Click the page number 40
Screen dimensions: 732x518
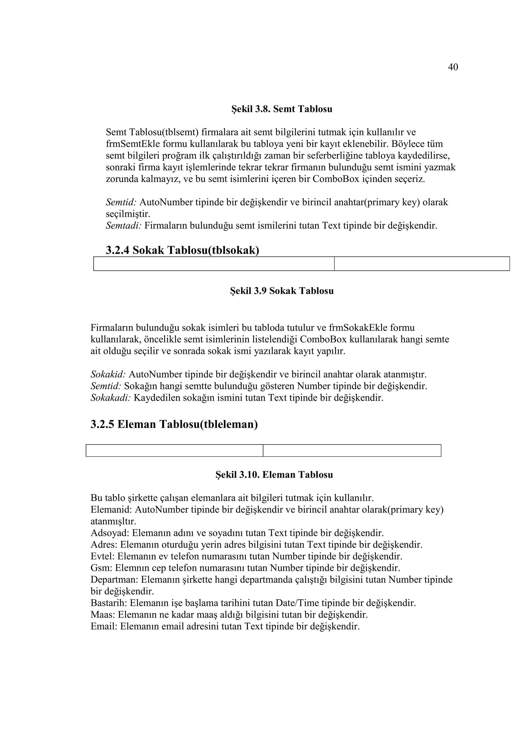pyautogui.click(x=452, y=67)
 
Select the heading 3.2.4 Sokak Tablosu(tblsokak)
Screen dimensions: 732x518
pyautogui.click(x=182, y=250)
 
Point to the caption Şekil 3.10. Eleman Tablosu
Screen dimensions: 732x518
pyautogui.click(x=274, y=475)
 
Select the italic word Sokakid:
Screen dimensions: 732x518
pyautogui.click(x=108, y=374)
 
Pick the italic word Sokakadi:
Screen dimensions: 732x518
pyautogui.click(x=111, y=398)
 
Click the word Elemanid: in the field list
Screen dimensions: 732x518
pyautogui.click(x=111, y=510)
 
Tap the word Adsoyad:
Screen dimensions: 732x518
pyautogui.click(x=110, y=533)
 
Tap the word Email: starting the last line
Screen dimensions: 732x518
pyautogui.click(x=104, y=627)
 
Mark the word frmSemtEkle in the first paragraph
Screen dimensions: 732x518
pyautogui.click(x=133, y=144)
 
